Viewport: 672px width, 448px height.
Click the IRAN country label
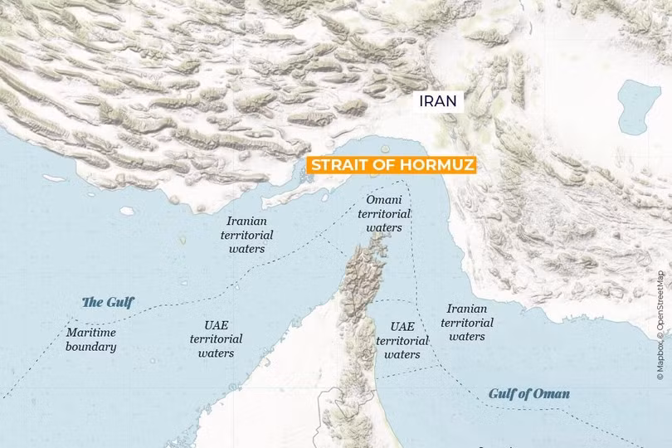point(437,101)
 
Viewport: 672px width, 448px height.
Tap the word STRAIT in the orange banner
point(338,165)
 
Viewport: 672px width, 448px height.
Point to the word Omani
point(384,200)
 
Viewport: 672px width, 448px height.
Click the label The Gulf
point(107,302)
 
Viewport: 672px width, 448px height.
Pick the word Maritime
point(91,333)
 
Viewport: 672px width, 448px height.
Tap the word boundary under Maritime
point(91,347)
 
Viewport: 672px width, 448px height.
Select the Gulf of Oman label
point(528,393)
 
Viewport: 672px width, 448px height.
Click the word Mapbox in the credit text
point(660,363)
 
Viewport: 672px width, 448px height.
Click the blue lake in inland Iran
point(639,106)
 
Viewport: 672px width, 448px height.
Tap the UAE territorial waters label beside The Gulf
point(216,338)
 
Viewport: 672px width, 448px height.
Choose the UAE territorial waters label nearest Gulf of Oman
point(402,340)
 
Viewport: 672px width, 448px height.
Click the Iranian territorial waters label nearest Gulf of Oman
point(467,322)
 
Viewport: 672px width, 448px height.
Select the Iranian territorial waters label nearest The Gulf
point(246,235)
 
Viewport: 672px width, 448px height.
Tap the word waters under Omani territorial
point(384,227)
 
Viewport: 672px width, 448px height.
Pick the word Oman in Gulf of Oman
point(551,393)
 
